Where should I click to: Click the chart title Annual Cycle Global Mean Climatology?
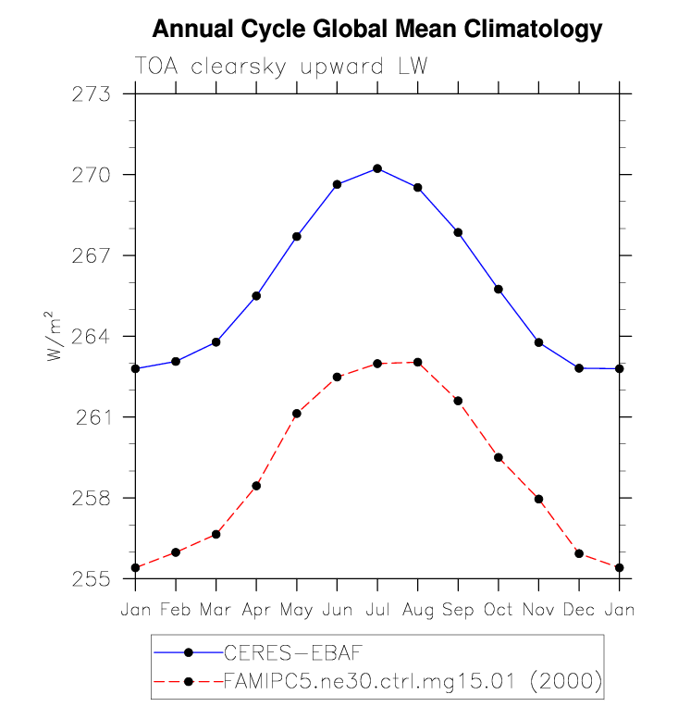(376, 30)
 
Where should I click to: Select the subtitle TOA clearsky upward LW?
(281, 67)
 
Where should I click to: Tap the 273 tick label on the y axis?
(92, 94)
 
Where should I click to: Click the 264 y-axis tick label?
(92, 337)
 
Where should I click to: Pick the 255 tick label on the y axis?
(92, 579)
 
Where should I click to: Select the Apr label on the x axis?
(256, 611)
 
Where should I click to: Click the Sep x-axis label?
(458, 611)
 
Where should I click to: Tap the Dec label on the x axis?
(579, 611)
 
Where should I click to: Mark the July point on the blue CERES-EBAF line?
(377, 168)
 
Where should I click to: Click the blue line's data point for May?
(297, 237)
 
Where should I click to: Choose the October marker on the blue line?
(499, 290)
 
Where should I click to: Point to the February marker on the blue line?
(176, 361)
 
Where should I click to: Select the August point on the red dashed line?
(418, 362)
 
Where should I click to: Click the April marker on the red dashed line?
(256, 486)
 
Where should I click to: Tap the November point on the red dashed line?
(538, 500)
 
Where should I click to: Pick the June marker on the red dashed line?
(338, 377)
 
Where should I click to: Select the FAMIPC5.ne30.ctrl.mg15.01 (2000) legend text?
(413, 683)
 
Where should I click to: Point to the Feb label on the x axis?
(176, 611)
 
